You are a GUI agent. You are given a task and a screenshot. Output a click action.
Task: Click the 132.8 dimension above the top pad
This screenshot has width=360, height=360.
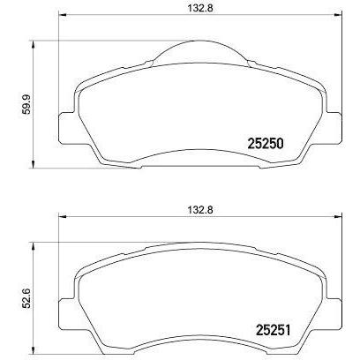200,8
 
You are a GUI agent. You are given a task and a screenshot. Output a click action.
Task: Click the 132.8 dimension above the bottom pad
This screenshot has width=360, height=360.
200,210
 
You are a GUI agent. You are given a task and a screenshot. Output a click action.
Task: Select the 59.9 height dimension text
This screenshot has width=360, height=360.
27,105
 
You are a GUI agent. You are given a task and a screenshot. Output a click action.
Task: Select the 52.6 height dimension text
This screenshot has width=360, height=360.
27,298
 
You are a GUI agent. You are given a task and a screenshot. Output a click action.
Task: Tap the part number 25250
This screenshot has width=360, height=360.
266,144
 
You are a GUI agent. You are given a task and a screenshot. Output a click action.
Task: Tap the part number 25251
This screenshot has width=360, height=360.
274,331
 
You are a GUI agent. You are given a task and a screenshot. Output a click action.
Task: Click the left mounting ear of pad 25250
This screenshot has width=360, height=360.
66,129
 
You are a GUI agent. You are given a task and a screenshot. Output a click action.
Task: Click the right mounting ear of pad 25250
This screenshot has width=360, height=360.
334,129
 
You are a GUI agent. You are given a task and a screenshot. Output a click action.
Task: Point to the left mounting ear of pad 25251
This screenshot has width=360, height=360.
66,315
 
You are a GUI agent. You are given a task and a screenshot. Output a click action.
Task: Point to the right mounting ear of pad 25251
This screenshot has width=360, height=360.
334,315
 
